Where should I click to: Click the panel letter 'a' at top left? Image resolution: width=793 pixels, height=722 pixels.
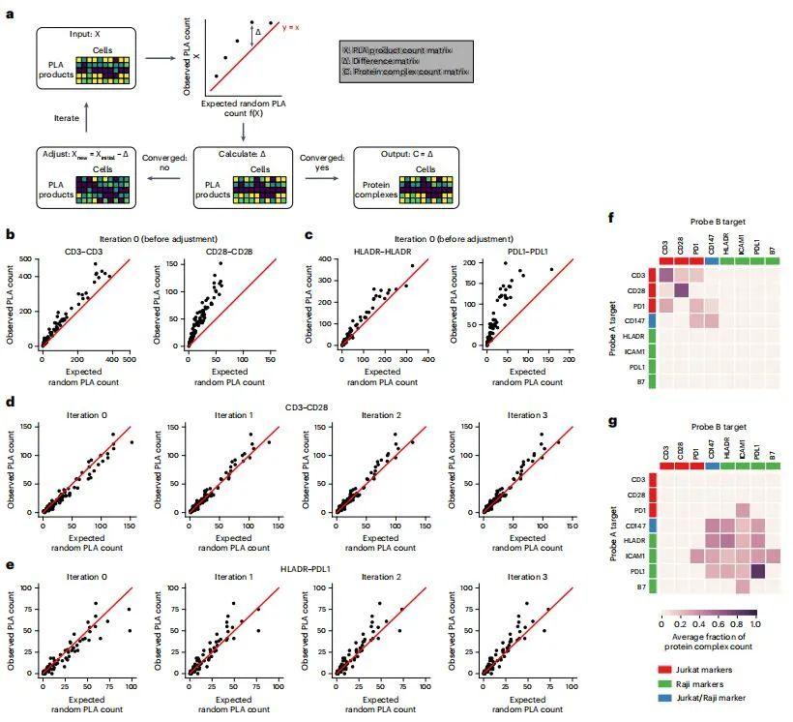tap(10, 15)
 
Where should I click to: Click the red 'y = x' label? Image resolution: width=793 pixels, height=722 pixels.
tap(294, 27)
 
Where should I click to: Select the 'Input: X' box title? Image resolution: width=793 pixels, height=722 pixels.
tap(84, 36)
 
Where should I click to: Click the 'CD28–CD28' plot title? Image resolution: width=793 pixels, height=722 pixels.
tap(230, 251)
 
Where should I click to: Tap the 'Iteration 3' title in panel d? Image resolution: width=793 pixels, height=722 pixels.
tap(526, 415)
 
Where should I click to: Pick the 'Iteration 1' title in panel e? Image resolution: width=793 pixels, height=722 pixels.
tap(230, 577)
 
